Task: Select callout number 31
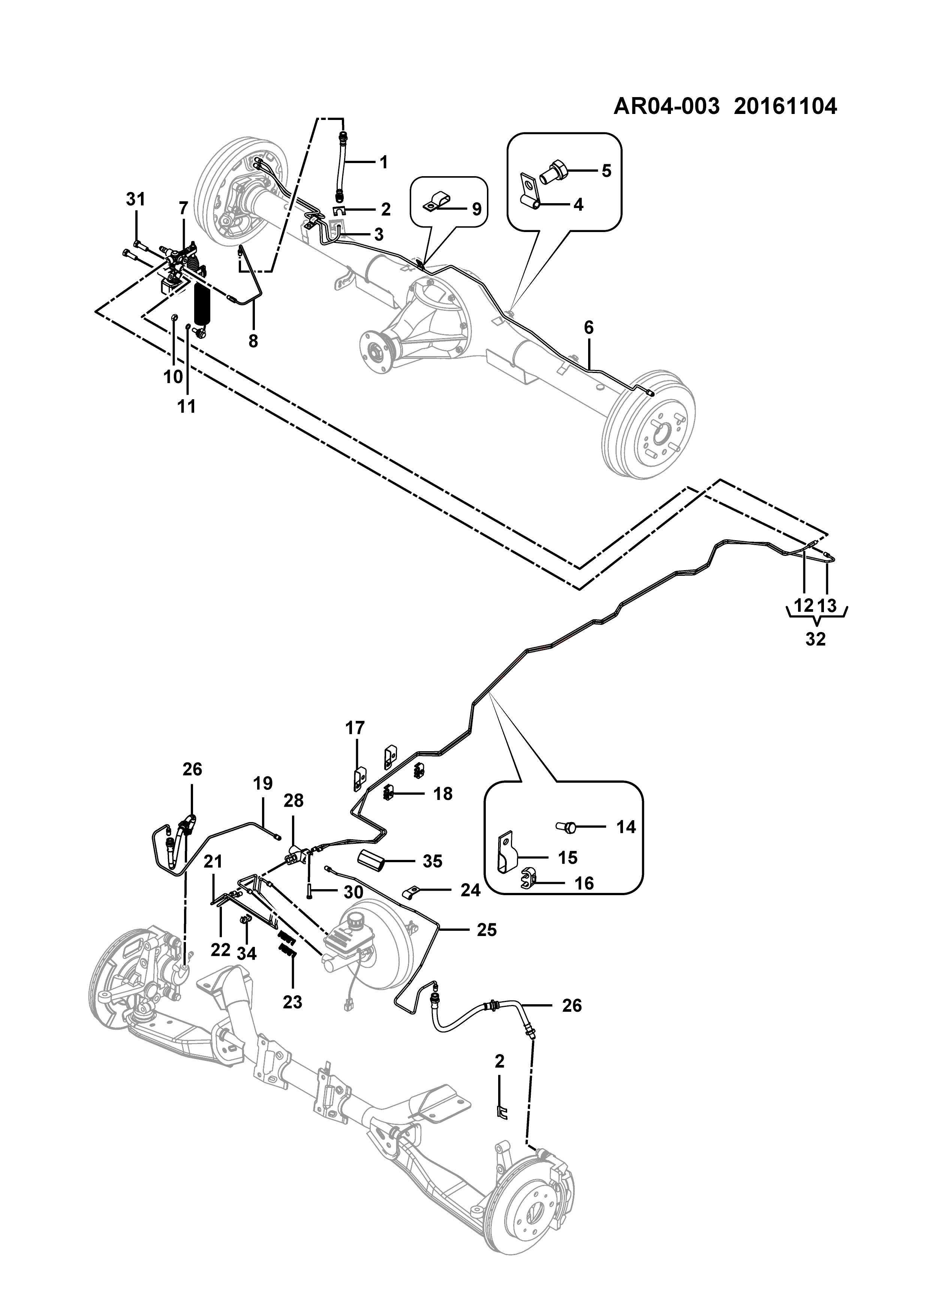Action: point(136,200)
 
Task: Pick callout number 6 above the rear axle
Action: point(589,328)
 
